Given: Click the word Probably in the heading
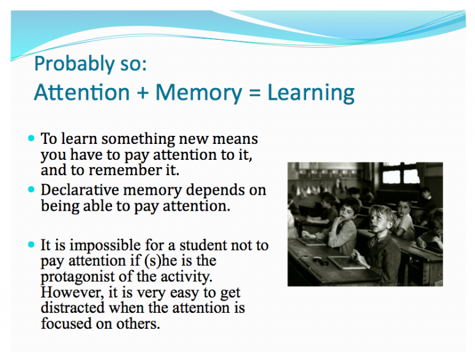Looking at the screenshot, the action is tap(75, 64).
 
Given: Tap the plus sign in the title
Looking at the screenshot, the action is tap(143, 92).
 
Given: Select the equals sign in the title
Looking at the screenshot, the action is tap(255, 92).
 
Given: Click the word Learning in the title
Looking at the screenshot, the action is tap(311, 92).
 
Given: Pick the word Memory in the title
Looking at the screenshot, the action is tap(199, 93).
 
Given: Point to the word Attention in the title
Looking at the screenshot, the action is tap(82, 92).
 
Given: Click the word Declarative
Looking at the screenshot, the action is tap(80, 190).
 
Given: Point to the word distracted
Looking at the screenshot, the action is tap(73, 308).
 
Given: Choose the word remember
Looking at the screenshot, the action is tap(125, 170).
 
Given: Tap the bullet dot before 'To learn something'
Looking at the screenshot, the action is tap(31, 138).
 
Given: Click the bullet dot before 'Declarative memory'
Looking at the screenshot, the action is tap(31, 190).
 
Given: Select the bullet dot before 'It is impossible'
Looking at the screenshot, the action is tap(31, 244).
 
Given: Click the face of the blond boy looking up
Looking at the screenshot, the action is tap(379, 220).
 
